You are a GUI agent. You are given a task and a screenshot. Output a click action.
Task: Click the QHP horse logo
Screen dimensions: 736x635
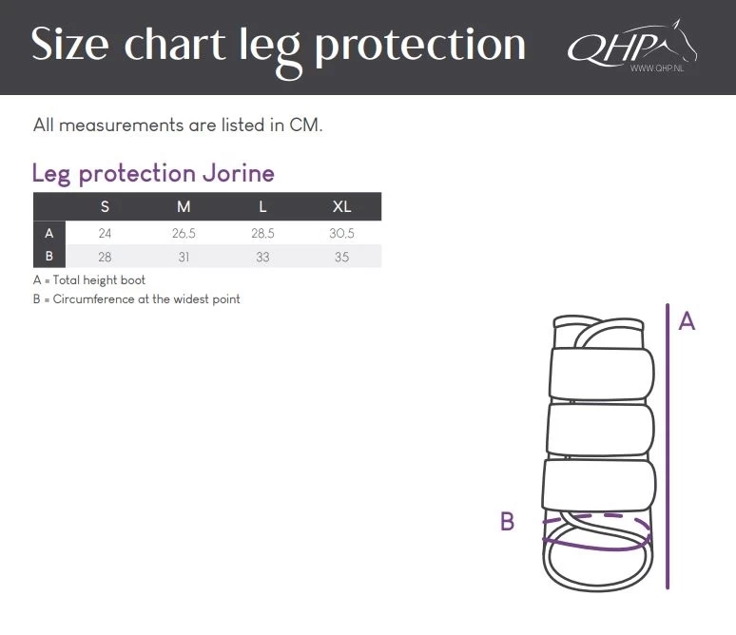(632, 46)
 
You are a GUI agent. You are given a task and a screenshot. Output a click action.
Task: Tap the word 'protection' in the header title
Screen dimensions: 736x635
(419, 47)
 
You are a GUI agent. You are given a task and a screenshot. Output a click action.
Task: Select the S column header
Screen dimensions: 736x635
(105, 206)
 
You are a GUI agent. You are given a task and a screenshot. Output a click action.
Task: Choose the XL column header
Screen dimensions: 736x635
(341, 206)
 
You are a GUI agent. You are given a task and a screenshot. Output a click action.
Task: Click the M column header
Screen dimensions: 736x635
(184, 206)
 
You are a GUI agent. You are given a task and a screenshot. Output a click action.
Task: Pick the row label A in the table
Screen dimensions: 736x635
(48, 233)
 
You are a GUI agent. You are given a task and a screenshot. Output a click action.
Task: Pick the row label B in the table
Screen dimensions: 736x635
(48, 257)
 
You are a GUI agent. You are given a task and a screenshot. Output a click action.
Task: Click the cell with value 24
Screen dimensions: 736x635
(105, 233)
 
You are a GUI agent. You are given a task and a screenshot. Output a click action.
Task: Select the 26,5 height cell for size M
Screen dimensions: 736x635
(184, 233)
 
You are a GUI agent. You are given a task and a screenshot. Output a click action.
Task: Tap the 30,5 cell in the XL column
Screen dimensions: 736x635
(341, 233)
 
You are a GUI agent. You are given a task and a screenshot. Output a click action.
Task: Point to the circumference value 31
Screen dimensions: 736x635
(184, 257)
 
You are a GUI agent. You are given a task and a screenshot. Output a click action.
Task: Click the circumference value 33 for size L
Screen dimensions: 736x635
(262, 257)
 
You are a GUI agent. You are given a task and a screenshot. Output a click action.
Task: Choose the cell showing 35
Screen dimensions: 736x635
(341, 257)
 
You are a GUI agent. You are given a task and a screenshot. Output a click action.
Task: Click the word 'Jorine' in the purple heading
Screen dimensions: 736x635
(239, 174)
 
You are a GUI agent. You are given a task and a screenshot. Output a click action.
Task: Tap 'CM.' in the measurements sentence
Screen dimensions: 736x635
(306, 125)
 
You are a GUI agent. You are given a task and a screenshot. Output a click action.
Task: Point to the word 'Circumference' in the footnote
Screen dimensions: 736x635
(93, 298)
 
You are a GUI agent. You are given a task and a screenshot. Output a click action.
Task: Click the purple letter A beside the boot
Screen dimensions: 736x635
(687, 321)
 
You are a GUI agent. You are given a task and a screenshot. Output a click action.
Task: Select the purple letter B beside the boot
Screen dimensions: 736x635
(508, 521)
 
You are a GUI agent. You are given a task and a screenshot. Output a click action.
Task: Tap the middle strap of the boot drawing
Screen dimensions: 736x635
(600, 430)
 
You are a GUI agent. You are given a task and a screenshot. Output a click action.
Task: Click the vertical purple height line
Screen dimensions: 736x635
(668, 447)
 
